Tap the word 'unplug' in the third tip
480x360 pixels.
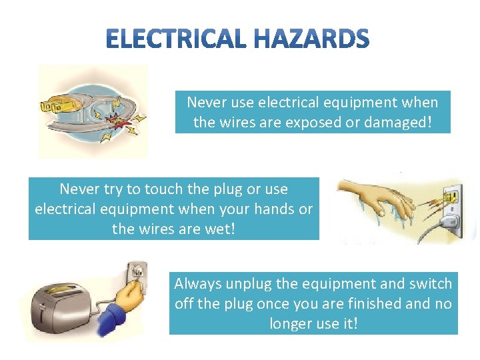click(x=249, y=284)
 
